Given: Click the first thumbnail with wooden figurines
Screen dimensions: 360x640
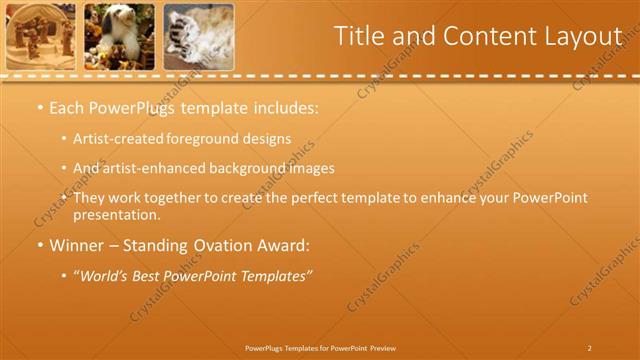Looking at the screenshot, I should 41,36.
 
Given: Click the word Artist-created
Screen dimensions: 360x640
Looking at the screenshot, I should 122,139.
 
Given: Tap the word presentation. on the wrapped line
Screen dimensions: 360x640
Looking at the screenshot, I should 116,214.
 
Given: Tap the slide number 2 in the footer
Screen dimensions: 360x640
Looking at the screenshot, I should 590,348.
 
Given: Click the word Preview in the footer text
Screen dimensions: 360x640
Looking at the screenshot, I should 383,348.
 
